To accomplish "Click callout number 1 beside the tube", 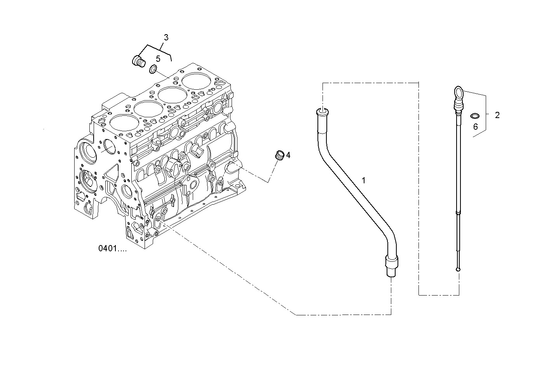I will pos(363,180).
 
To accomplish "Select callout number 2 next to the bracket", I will pos(497,115).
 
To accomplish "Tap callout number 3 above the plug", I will pos(166,38).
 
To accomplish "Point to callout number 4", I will pos(288,155).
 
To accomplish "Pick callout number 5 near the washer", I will pos(158,59).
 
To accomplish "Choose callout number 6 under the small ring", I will pos(475,127).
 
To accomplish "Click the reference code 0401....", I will pos(112,249).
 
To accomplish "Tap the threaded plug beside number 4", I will pos(279,155).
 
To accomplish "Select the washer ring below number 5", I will pos(153,70).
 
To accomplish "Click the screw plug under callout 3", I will pos(137,61).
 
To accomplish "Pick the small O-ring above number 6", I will pos(474,115).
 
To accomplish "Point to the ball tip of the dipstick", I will pos(459,269).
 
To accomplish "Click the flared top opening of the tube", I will pos(322,112).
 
